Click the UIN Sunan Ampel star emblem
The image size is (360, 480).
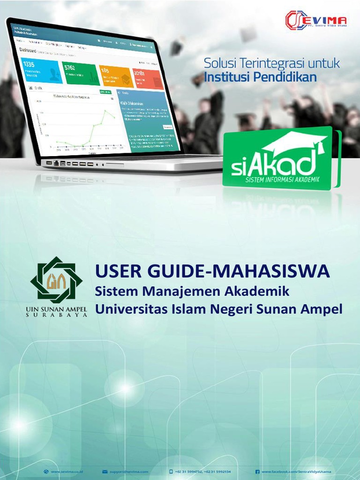56,280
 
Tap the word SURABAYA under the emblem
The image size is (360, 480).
56,315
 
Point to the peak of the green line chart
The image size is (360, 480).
105,111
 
